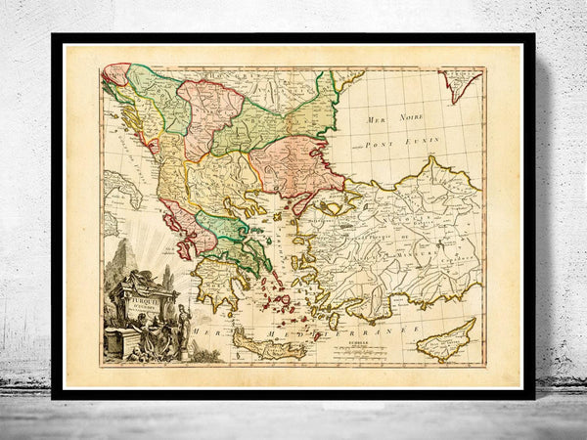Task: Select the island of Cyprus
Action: tap(446, 338)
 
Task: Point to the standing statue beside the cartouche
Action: tap(182, 323)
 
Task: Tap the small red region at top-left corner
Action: tap(115, 73)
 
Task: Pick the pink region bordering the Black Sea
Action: tap(293, 161)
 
